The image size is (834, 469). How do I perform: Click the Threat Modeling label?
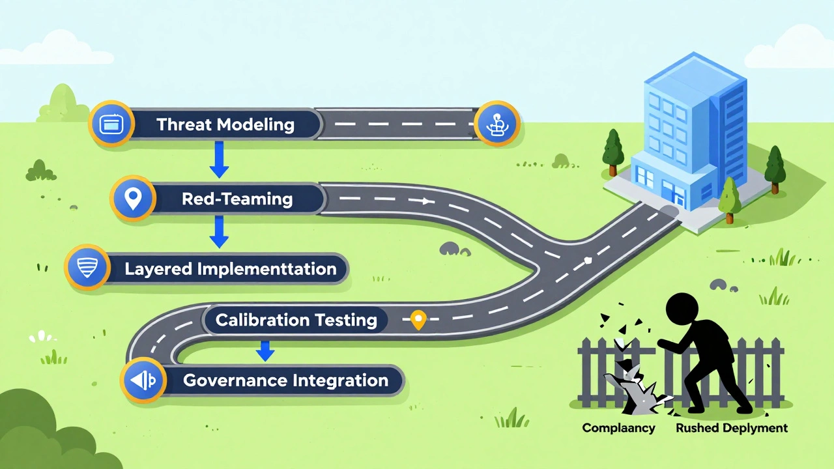point(225,124)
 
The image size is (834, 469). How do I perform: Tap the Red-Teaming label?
point(237,199)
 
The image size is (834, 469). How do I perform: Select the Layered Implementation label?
point(231,268)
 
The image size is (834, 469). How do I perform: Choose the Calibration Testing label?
point(296,320)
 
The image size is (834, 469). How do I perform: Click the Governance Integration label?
point(285,380)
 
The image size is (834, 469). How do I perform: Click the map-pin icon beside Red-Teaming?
point(134,198)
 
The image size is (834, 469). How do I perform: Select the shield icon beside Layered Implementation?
point(87,267)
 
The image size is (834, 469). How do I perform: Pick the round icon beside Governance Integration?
point(142,380)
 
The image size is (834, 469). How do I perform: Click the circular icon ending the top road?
point(496,123)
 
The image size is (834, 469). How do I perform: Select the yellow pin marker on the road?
point(418,319)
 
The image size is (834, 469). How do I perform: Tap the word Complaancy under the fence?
point(618,428)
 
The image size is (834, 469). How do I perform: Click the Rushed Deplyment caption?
point(731,428)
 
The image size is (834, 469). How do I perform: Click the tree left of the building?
point(612,151)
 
